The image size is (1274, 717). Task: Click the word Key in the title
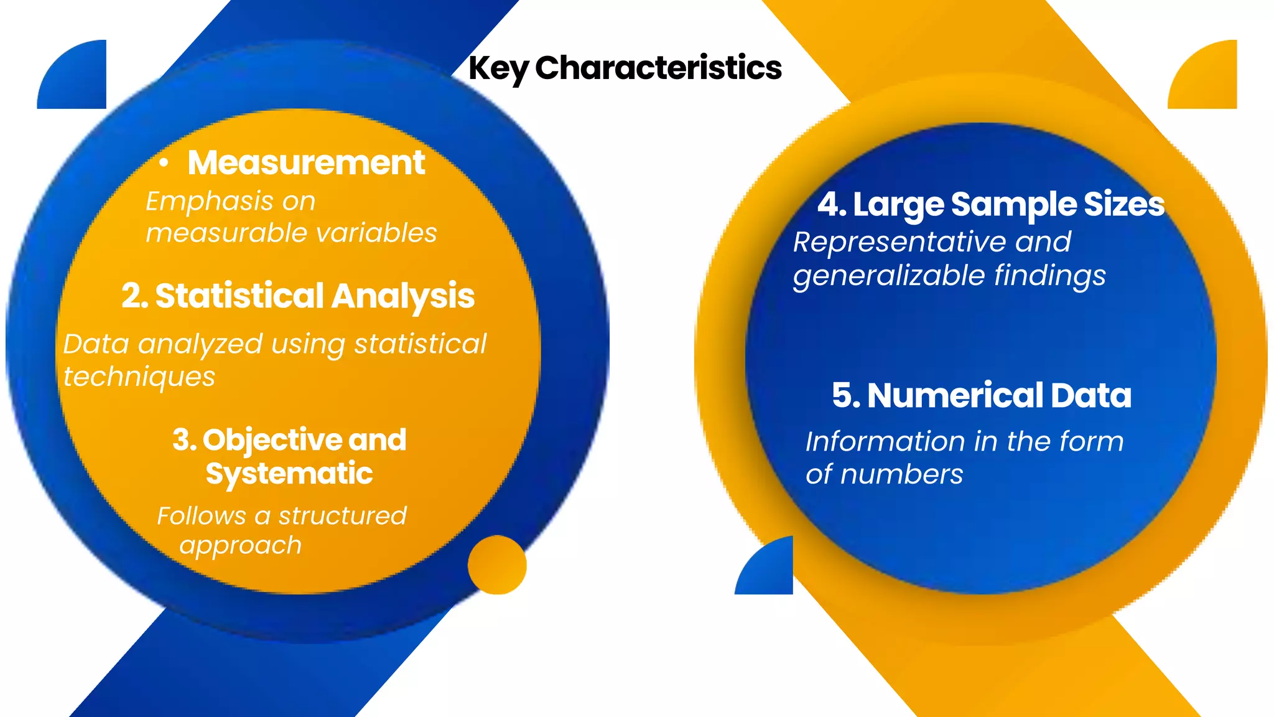498,68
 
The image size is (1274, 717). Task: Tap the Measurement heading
306,163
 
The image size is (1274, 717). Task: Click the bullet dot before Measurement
164,163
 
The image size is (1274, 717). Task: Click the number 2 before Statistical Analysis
132,296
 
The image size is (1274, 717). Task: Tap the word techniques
139,377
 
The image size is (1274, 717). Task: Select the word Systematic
289,474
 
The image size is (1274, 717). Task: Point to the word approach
240,546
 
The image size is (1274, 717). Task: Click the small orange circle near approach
497,565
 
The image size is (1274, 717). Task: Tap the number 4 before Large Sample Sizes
829,204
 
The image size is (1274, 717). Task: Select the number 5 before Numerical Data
844,395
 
